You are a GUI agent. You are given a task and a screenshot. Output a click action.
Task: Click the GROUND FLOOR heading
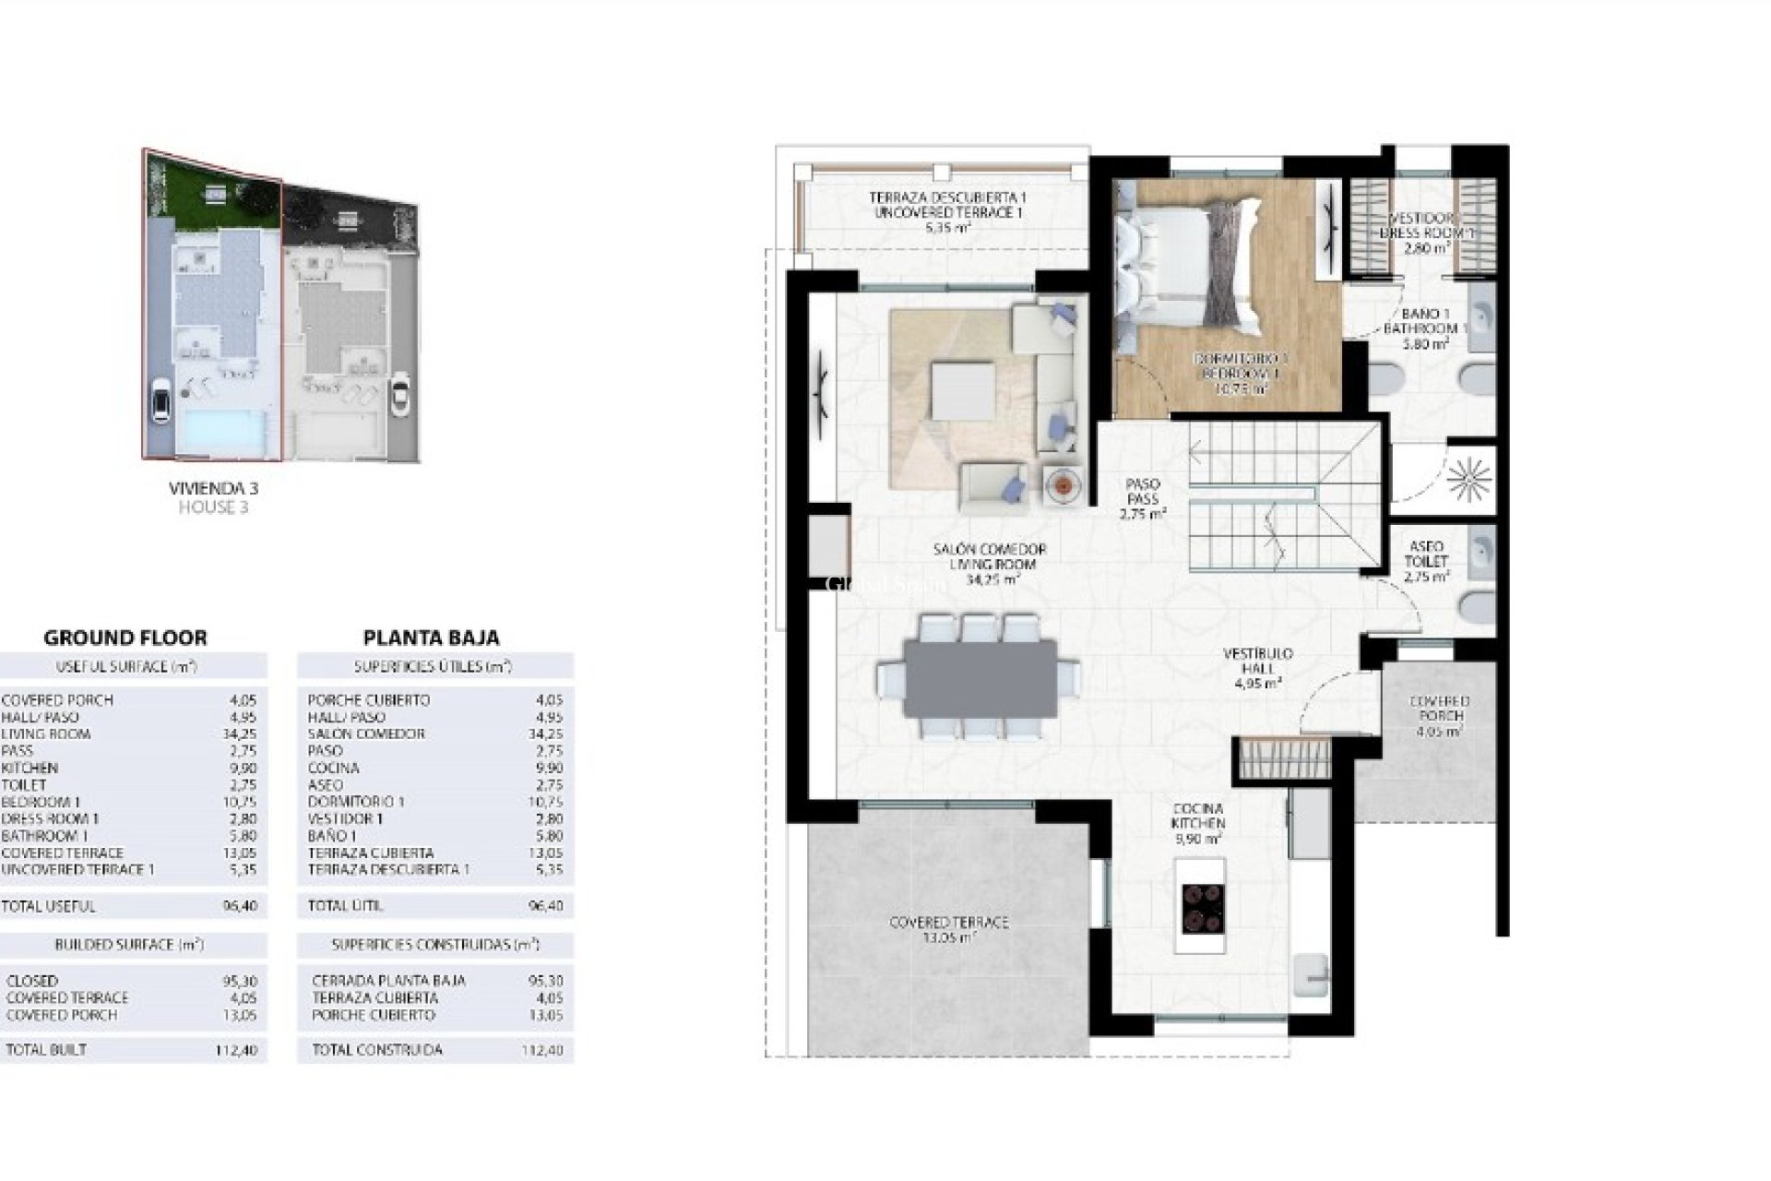[x=125, y=638]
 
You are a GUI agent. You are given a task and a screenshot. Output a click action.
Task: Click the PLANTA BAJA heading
[x=431, y=638]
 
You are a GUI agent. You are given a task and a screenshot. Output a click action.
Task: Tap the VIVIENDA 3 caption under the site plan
[x=213, y=489]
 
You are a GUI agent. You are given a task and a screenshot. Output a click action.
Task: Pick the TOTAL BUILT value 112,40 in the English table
[x=240, y=1050]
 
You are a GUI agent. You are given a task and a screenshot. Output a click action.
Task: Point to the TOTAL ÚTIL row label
[x=346, y=906]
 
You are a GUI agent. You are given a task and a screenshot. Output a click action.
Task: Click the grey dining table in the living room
[x=981, y=679]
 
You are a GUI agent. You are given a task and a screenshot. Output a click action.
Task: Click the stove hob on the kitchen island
[x=1202, y=906]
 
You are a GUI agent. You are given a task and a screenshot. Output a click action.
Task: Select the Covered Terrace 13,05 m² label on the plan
[x=948, y=929]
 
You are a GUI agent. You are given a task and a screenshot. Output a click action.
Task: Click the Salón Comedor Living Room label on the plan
[x=989, y=564]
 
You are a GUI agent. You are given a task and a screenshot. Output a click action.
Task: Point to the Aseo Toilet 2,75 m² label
[x=1426, y=561]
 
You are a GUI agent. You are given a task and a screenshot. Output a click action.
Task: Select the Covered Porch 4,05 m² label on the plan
[x=1439, y=717]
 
